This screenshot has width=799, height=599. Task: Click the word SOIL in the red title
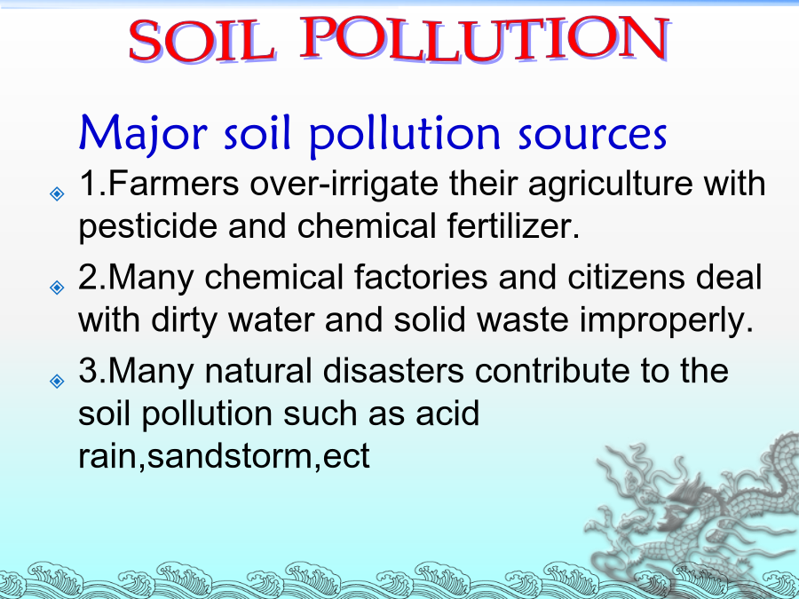202,41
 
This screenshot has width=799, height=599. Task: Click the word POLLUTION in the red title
485,39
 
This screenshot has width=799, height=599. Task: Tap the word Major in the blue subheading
143,133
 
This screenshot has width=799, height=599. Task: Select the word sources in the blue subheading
593,135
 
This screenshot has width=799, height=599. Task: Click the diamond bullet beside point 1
57,193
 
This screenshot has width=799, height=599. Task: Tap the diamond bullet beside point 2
57,288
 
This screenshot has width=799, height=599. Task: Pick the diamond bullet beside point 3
57,381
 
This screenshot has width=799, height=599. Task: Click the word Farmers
173,183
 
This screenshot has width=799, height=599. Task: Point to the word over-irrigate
344,184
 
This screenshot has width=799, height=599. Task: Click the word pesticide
147,226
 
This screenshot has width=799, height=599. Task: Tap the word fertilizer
513,225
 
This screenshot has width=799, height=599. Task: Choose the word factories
421,277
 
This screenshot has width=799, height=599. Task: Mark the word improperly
666,321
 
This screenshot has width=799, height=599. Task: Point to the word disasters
393,370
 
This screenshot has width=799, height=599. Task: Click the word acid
447,413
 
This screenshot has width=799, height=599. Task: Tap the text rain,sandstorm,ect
224,456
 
